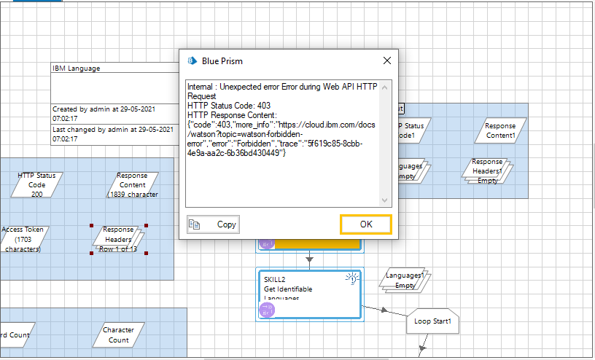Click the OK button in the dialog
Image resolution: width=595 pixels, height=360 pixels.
(x=365, y=224)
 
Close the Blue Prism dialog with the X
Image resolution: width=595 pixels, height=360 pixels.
(x=387, y=60)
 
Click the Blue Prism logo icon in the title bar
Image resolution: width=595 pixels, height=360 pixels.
(x=193, y=60)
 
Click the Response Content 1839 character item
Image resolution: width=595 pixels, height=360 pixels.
(x=132, y=185)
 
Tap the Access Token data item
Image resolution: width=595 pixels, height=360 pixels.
(x=23, y=239)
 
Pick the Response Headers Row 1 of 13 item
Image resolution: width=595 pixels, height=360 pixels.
(x=118, y=239)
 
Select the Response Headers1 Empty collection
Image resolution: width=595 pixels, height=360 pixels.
(x=487, y=171)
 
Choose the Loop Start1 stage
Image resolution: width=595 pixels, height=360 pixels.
(x=432, y=321)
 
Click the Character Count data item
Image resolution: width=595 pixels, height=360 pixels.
(x=118, y=335)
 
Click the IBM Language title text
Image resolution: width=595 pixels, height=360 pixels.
(x=77, y=69)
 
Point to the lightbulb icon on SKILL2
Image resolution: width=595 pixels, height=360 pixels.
(x=351, y=278)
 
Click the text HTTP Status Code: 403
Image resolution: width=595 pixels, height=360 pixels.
(x=228, y=106)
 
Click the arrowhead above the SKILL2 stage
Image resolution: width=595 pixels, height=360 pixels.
(x=309, y=259)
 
